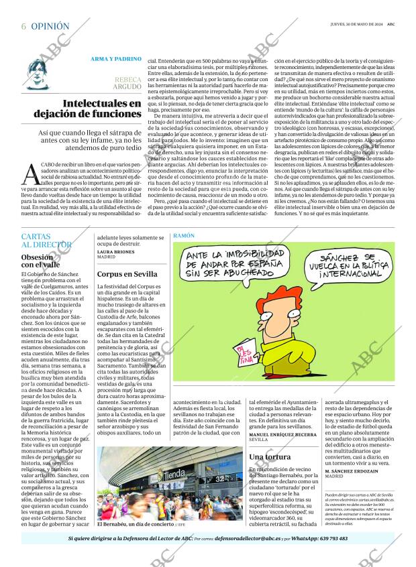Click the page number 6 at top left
23,26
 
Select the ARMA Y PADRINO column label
116,59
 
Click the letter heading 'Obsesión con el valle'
41,261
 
